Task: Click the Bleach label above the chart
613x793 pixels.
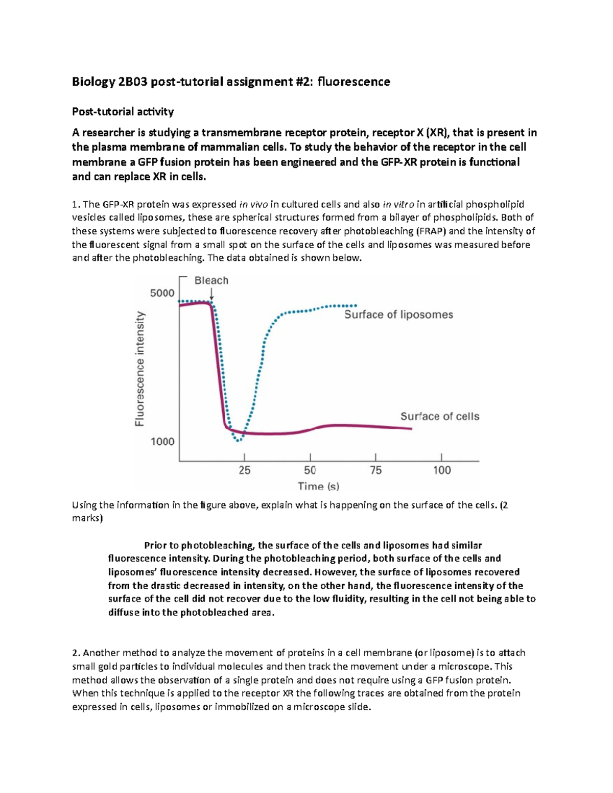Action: (x=211, y=280)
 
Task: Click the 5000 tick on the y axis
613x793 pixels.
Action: (x=162, y=293)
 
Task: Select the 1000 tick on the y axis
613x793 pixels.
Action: (x=162, y=442)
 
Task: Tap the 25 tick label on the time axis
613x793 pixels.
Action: (x=245, y=470)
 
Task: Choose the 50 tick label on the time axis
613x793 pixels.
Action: (x=310, y=470)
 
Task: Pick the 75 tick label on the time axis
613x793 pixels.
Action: (x=375, y=470)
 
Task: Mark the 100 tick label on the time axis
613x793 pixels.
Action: (x=442, y=470)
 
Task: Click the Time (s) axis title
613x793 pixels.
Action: (x=319, y=487)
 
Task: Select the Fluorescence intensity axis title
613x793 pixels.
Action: (x=139, y=369)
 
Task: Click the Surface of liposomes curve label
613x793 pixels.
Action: (x=398, y=315)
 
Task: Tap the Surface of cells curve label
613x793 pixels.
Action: (x=439, y=416)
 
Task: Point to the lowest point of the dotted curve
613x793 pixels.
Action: (x=238, y=440)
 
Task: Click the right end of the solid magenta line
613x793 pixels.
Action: (x=411, y=428)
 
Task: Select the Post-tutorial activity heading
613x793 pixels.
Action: (x=123, y=111)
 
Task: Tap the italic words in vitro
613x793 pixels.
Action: (x=398, y=205)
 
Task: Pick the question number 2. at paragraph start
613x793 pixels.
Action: (x=76, y=653)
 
